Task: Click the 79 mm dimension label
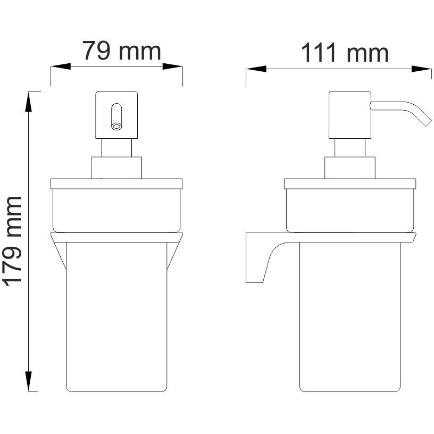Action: (122, 51)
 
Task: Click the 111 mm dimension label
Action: (345, 53)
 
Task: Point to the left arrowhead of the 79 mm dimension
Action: (61, 66)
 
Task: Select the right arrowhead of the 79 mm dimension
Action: (172, 66)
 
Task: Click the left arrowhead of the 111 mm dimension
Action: (256, 69)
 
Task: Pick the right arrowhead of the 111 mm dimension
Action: (422, 69)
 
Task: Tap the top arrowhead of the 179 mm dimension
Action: (29, 102)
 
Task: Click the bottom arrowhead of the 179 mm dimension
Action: (29, 381)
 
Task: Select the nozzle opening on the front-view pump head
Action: (116, 127)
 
